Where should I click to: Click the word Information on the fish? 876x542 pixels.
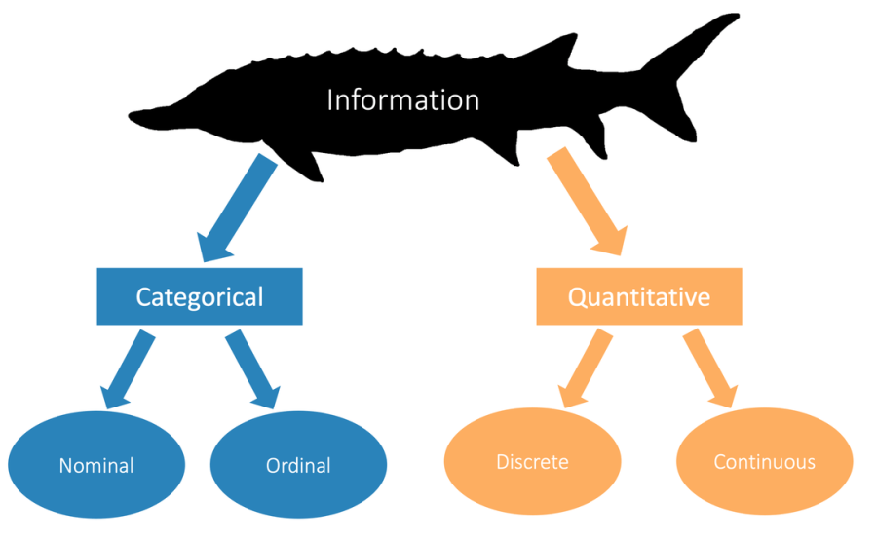click(x=402, y=100)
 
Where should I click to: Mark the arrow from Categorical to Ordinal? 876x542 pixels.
click(x=252, y=369)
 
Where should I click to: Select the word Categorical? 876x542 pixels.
click(x=199, y=296)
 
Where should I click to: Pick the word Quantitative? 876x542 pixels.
click(x=638, y=296)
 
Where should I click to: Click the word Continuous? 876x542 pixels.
click(x=764, y=462)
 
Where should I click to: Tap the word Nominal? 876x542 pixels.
click(x=95, y=466)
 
